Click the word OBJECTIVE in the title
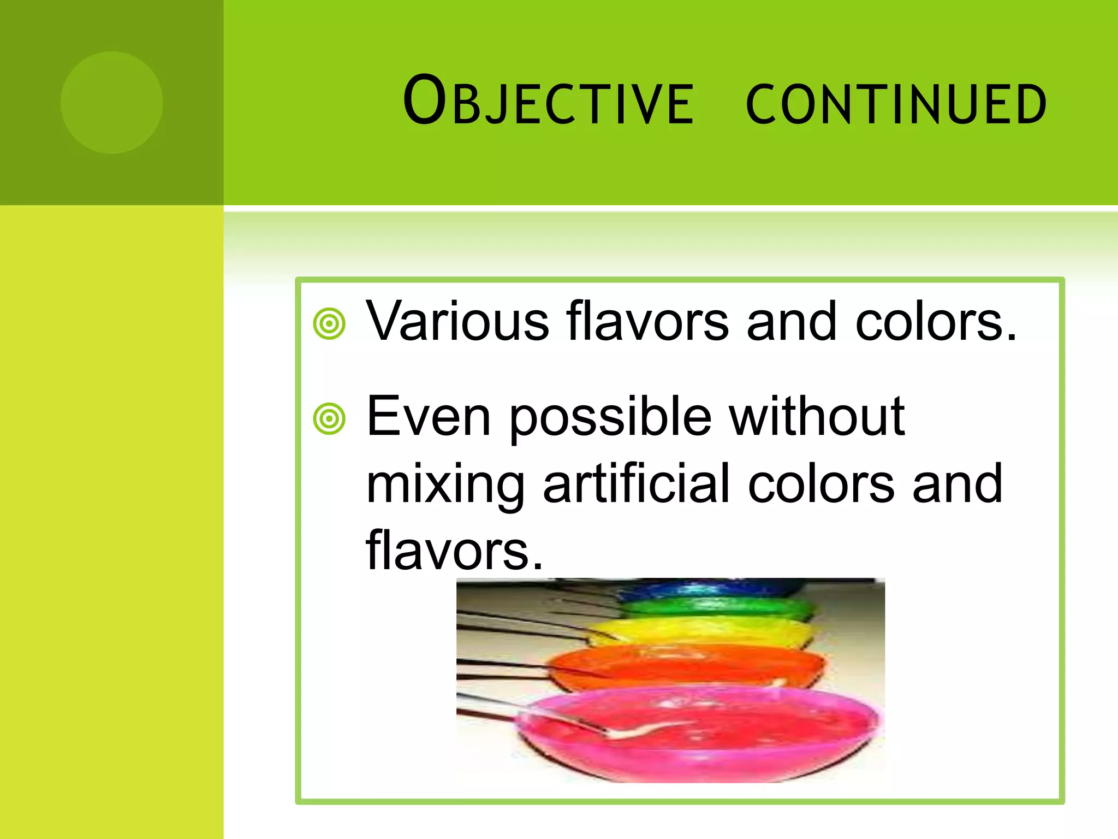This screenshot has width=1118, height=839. [548, 102]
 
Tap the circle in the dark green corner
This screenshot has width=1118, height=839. [111, 102]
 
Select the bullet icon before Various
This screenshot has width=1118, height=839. [329, 324]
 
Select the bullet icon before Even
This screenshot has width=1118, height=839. [329, 419]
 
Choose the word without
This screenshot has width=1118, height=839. [817, 416]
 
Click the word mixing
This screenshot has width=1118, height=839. [445, 485]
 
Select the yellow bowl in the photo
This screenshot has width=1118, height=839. [704, 631]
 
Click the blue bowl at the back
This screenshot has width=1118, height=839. [710, 589]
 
